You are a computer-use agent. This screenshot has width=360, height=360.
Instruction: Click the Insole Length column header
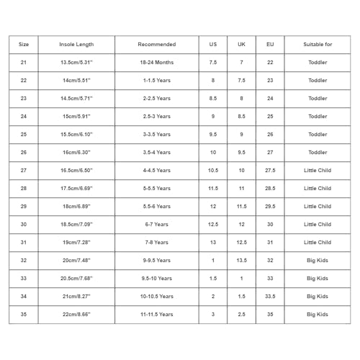tap(76, 45)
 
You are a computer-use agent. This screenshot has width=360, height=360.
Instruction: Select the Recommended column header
tap(156, 45)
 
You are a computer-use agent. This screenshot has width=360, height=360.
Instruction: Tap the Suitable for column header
tap(318, 45)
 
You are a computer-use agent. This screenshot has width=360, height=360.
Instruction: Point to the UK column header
tap(241, 45)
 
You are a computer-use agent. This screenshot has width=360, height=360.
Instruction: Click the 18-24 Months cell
tap(156, 63)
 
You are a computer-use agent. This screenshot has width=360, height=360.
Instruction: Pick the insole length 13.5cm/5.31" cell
tap(76, 63)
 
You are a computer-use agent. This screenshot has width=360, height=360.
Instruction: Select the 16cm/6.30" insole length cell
tap(76, 153)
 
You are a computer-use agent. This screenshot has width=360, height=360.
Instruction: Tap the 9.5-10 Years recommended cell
tap(156, 279)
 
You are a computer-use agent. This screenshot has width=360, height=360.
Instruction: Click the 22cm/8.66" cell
tap(76, 315)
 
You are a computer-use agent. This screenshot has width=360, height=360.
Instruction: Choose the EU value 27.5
tap(270, 171)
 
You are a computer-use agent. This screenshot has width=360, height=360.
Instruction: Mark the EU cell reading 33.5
tap(270, 297)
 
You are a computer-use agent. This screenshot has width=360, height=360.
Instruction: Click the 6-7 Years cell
tap(156, 225)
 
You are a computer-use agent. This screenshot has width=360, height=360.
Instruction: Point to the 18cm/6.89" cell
tap(76, 207)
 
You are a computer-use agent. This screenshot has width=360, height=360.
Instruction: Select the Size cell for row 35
tap(24, 315)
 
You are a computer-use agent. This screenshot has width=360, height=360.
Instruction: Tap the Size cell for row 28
tap(24, 189)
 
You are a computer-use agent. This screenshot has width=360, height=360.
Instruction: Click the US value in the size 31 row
tap(213, 243)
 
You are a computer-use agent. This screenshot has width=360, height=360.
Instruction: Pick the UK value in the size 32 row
tap(241, 261)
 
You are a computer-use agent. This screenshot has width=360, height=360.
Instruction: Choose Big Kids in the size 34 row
tap(318, 297)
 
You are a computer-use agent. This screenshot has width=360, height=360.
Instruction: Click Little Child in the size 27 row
tap(318, 171)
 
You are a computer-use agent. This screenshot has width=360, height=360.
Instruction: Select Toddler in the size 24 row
tap(318, 117)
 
